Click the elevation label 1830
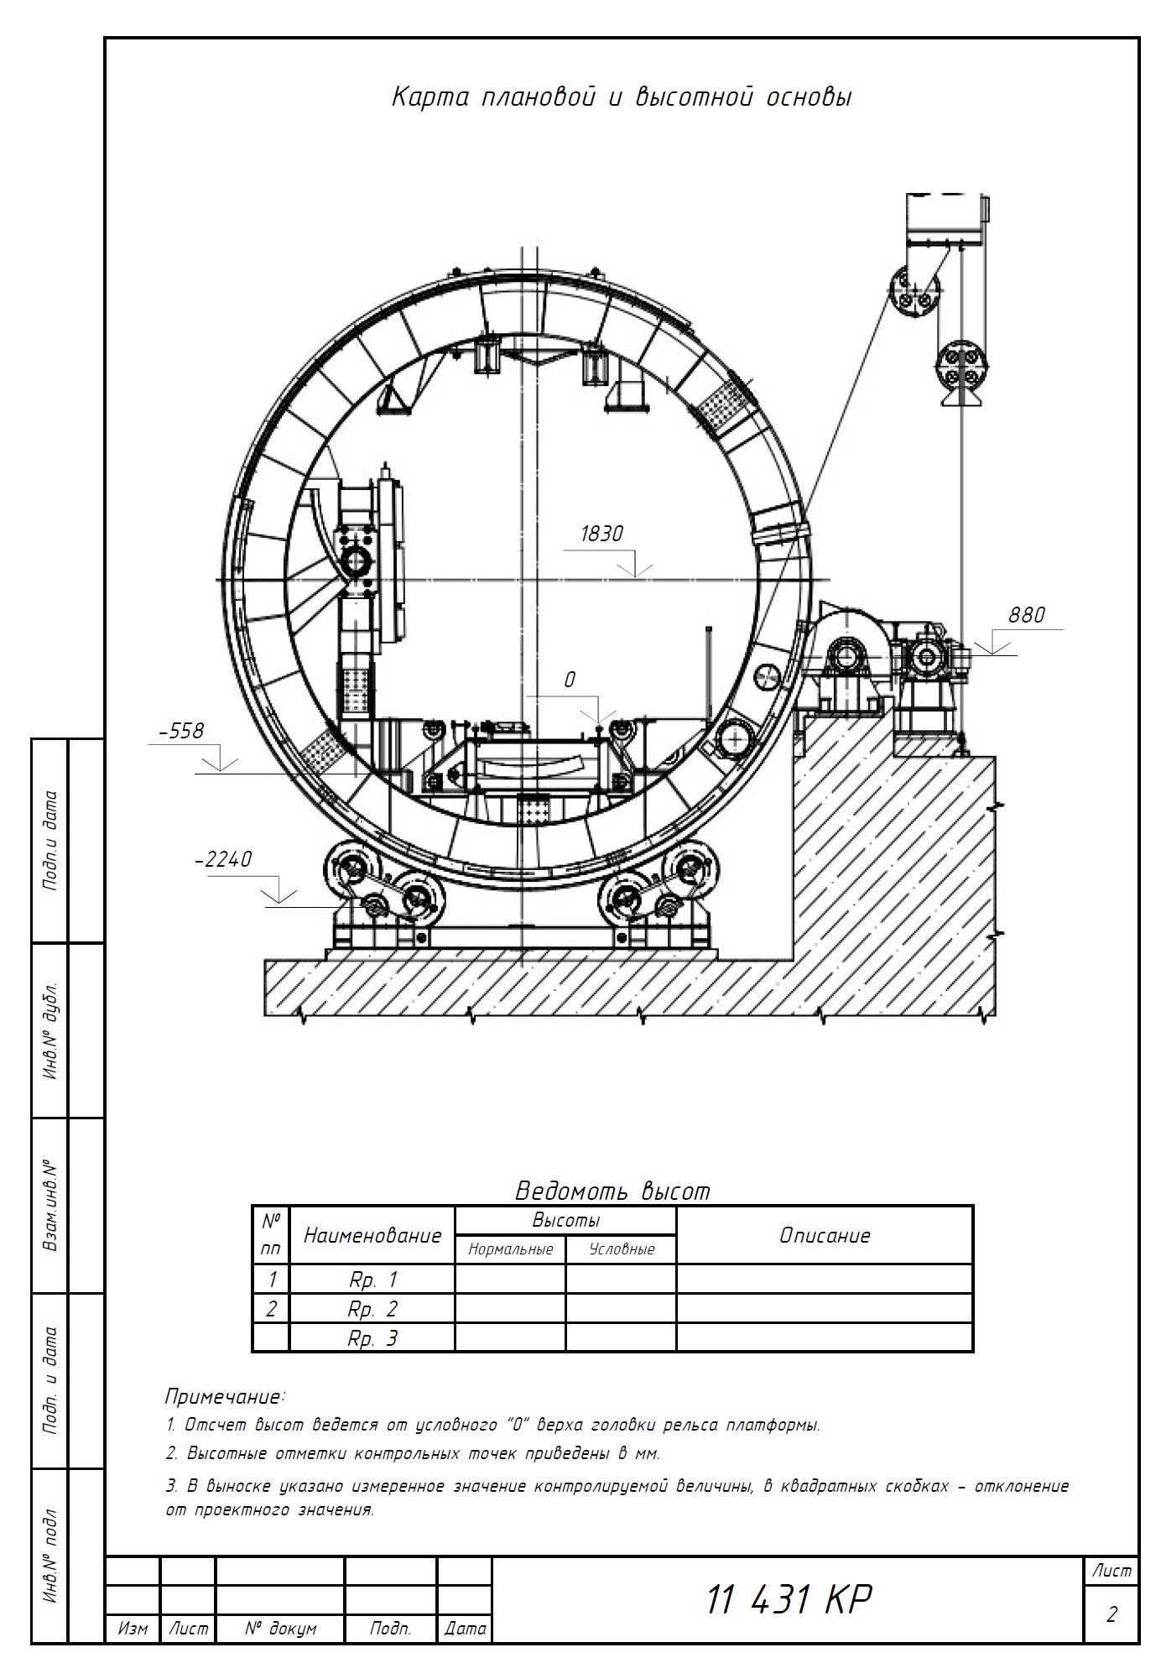[x=601, y=534]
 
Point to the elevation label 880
[x=1027, y=615]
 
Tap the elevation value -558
[x=181, y=731]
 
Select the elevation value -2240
[x=223, y=860]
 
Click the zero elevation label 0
[x=570, y=680]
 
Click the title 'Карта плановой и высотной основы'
[x=622, y=98]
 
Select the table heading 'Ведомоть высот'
[x=612, y=1191]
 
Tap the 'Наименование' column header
[x=372, y=1235]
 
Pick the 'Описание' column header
[x=825, y=1235]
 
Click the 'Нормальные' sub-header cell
[x=511, y=1249]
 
